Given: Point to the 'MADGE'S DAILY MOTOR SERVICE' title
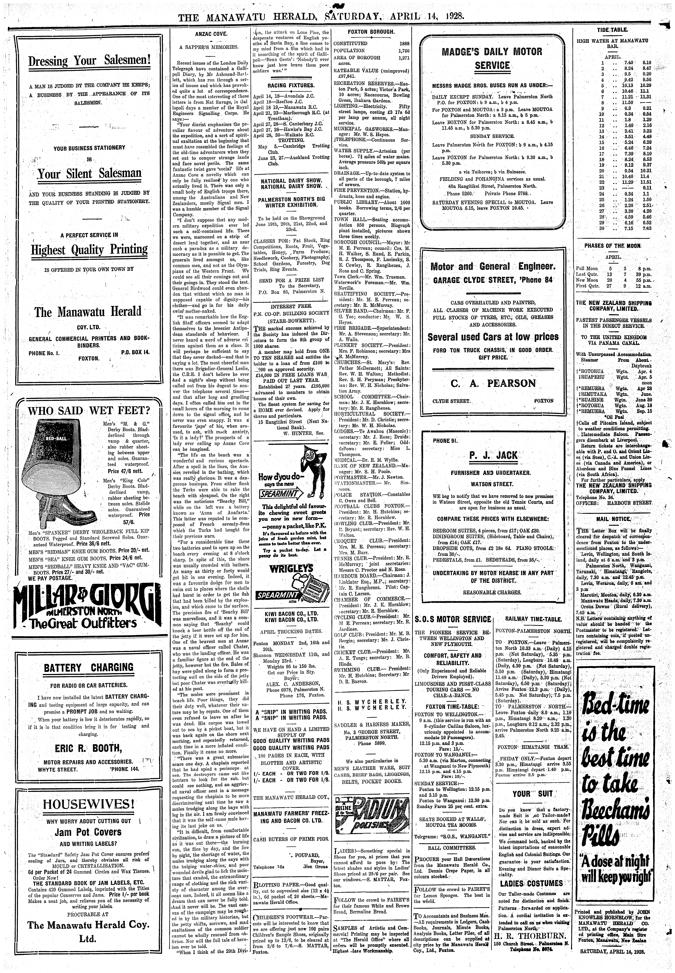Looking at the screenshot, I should point(492,58).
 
